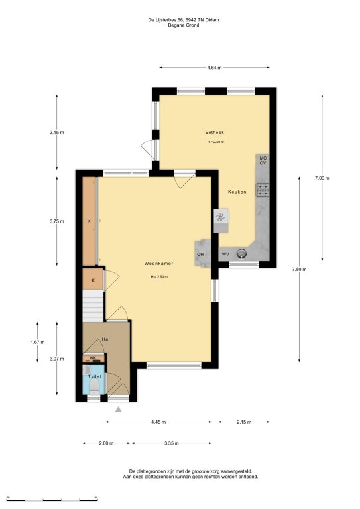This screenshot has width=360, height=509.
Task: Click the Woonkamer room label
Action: click(x=158, y=264)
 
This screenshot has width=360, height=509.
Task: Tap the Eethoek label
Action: click(x=215, y=132)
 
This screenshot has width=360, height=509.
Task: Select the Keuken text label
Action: click(x=237, y=192)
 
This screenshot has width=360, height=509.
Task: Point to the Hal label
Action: click(x=105, y=339)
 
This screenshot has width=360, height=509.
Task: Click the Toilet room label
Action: click(x=94, y=376)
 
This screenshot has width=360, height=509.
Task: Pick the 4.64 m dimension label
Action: click(x=214, y=68)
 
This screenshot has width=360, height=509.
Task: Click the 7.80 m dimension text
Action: click(x=299, y=269)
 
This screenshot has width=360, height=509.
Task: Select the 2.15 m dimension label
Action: click(x=244, y=422)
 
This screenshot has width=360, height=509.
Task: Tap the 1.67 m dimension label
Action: click(x=38, y=342)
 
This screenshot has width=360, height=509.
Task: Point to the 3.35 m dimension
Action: click(x=172, y=443)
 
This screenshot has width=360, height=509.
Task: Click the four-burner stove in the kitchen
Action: click(x=263, y=190)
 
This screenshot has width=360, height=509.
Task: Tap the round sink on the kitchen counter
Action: click(x=241, y=253)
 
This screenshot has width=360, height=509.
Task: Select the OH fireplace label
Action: click(x=200, y=254)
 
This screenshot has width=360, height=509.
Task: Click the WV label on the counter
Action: click(x=225, y=254)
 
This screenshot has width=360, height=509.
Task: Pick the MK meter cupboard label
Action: click(x=93, y=358)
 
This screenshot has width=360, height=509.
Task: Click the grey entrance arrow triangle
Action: click(x=119, y=410)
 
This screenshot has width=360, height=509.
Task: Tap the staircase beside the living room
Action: click(x=93, y=306)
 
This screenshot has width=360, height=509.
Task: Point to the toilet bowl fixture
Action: click(x=94, y=386)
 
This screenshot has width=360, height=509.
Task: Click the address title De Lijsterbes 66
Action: click(x=166, y=20)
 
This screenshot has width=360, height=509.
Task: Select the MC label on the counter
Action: click(x=263, y=158)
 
